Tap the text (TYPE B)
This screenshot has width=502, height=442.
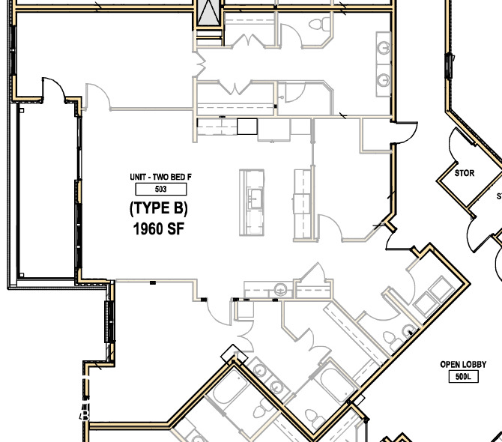pyautogui.click(x=158, y=208)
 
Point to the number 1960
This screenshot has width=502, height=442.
pyautogui.click(x=149, y=229)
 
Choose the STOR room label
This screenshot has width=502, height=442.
pyautogui.click(x=465, y=173)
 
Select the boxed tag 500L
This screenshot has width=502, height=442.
pyautogui.click(x=461, y=377)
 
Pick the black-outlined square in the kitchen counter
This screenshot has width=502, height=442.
pyautogui.click(x=247, y=126)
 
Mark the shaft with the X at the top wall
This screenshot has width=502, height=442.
pyautogui.click(x=209, y=12)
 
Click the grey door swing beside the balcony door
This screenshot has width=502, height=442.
pyautogui.click(x=97, y=96)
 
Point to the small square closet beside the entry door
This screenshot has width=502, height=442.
pyautogui.click(x=373, y=135)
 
